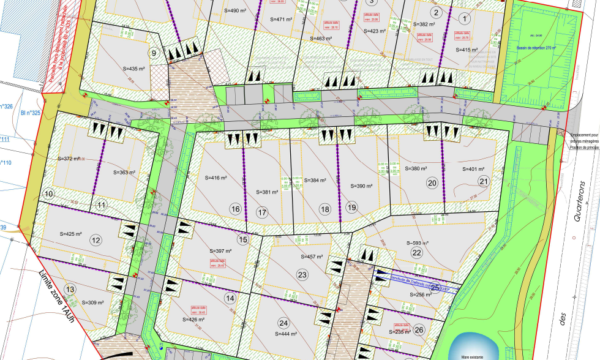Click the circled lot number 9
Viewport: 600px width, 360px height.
[x=154, y=53]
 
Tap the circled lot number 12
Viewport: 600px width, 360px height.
[x=96, y=239]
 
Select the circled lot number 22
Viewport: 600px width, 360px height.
[x=416, y=253]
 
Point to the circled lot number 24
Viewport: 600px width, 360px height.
[x=284, y=322]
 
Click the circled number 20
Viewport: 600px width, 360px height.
[x=432, y=183]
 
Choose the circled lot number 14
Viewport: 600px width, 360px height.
[x=230, y=298]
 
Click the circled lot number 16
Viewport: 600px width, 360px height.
[x=236, y=209]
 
